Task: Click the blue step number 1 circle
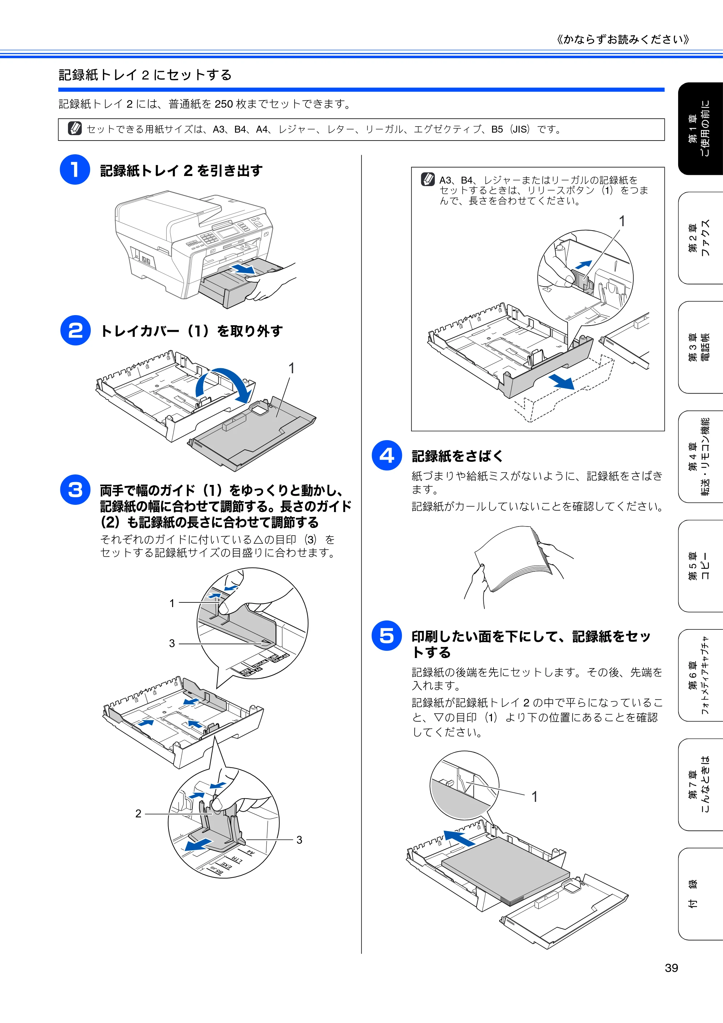coord(75,170)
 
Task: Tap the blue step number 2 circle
coord(75,330)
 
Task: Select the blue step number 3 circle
coord(75,490)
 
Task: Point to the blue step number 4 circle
coord(387,455)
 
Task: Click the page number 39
coord(671,968)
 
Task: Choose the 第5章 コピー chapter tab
coord(700,566)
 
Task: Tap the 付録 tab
coord(700,894)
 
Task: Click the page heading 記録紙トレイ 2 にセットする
coord(145,75)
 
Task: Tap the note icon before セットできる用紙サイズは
coord(75,128)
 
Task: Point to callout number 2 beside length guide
coord(138,813)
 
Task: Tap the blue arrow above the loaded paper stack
coord(459,838)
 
